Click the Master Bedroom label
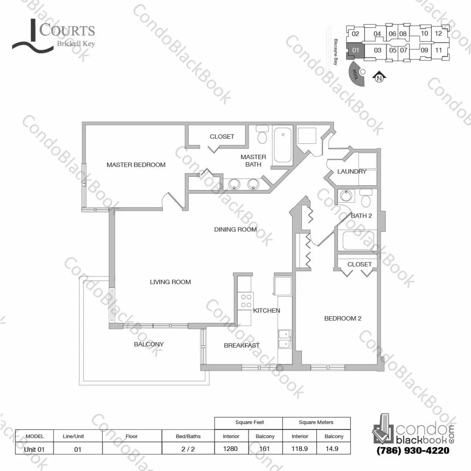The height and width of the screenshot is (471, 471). point(136,165)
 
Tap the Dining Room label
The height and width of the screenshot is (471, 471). point(235,229)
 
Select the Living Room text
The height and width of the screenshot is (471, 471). point(170,282)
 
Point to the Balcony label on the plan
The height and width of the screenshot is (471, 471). point(149,345)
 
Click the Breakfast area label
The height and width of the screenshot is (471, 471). point(241,346)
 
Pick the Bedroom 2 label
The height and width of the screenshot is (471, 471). point(343,319)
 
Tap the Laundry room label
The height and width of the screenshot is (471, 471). point(352,172)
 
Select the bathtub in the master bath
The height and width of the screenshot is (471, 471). point(283,144)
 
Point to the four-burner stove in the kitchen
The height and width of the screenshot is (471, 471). point(246,301)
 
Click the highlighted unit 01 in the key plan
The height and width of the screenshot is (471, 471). point(356,50)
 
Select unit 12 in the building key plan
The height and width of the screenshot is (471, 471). point(438,33)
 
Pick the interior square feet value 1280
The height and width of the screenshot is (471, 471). point(230,449)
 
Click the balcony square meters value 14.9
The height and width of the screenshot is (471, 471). point(332,449)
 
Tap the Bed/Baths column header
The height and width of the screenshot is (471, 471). point(188,436)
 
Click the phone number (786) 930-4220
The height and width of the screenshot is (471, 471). point(413,451)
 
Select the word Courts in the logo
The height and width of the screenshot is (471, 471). point(67,31)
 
